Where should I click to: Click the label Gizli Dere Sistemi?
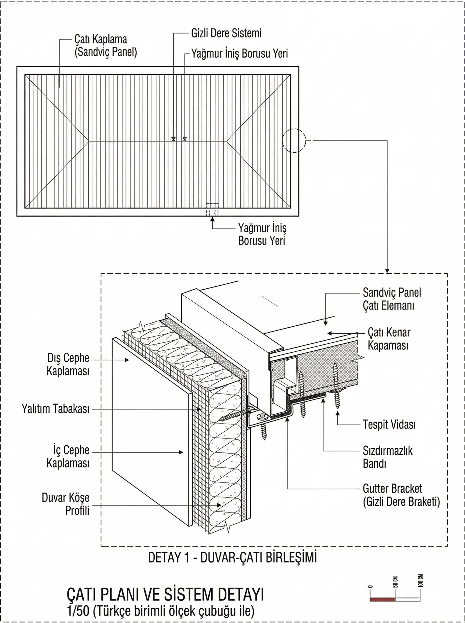(226, 33)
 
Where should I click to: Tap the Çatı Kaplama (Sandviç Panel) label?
(105, 46)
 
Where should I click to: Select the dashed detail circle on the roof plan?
(294, 140)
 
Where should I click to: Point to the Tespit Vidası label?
(389, 424)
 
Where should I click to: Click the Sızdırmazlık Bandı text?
(387, 457)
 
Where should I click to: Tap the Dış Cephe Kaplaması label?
(68, 364)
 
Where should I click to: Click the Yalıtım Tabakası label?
(56, 409)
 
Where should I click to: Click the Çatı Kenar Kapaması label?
(389, 339)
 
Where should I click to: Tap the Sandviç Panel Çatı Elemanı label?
(391, 299)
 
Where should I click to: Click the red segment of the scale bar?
(382, 599)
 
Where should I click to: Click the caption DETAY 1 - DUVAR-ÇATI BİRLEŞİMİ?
(232, 557)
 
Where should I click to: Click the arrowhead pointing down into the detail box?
(387, 271)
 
